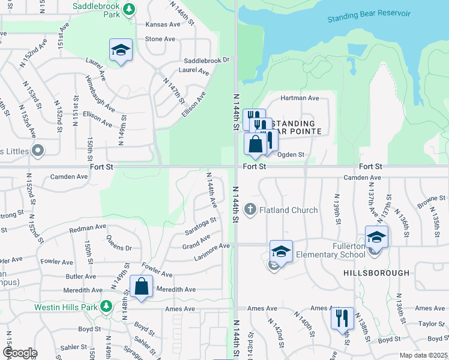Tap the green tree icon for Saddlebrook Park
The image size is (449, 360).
pos(129,10)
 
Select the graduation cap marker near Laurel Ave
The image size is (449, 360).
pos(121,50)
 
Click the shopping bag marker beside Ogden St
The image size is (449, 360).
pos(256,145)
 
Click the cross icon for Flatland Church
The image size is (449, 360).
pos(250,209)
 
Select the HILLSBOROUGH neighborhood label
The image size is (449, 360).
pos(376,272)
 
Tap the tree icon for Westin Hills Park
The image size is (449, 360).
pos(106,305)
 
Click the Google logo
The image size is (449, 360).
pos(19,353)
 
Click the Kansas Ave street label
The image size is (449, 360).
pos(163,25)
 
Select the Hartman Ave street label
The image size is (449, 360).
pos(300,98)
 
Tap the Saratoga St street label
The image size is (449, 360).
pos(200,226)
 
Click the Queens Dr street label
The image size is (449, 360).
pos(119,242)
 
